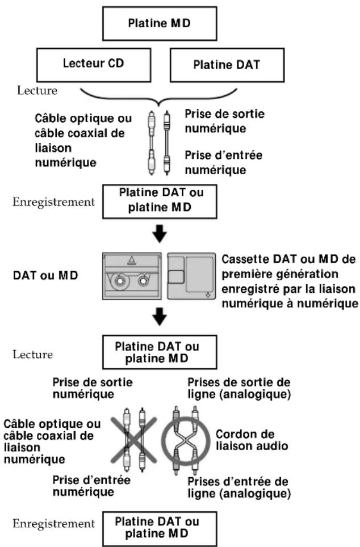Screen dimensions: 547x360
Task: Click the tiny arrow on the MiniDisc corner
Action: coord(208,294)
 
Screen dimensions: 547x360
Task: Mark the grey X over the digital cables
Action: coord(136,440)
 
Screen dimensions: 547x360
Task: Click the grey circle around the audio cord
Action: coord(186,440)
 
